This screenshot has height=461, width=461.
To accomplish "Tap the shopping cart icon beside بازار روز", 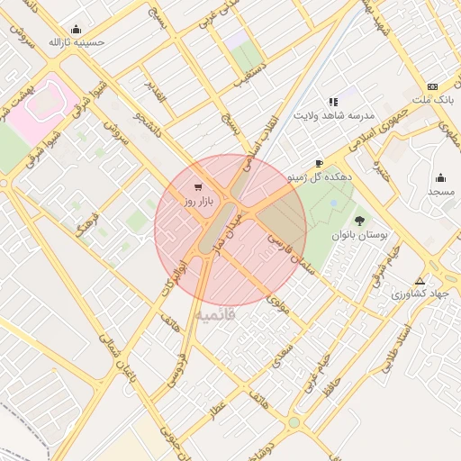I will [196, 187].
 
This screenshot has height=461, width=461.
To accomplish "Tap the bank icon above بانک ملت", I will [433, 85].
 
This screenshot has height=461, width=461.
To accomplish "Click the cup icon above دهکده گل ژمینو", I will [319, 163].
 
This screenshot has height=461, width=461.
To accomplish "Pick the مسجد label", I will [441, 193].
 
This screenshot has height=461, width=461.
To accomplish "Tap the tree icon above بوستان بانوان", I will [360, 220].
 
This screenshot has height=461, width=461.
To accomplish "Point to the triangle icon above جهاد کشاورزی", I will [419, 280].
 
